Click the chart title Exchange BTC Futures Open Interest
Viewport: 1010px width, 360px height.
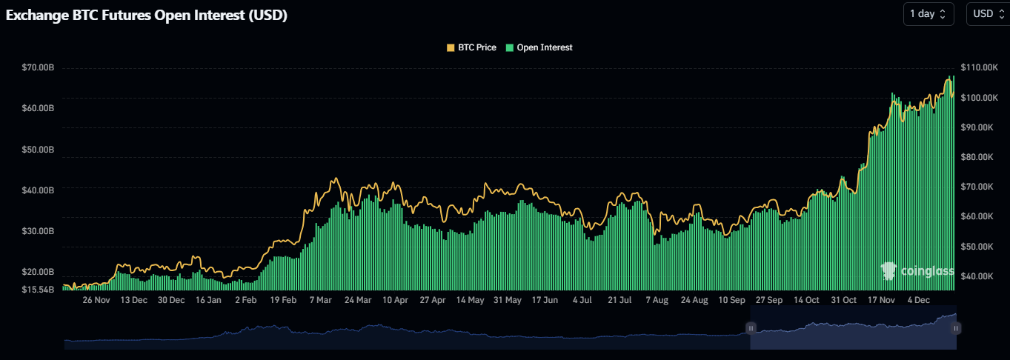(147, 15)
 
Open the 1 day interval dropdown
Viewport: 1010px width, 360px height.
(928, 14)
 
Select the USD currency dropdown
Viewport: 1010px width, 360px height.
(987, 14)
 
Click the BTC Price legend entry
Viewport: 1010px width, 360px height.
(471, 47)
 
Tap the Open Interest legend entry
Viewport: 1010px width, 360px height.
(539, 47)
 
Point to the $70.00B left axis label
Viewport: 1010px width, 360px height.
(39, 68)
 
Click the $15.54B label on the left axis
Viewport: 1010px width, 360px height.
(39, 289)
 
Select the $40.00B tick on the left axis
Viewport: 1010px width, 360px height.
(39, 190)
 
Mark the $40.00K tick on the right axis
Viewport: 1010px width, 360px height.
(977, 276)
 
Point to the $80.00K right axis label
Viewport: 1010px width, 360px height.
(977, 157)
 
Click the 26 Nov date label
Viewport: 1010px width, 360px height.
(96, 300)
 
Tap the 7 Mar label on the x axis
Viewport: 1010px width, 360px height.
(321, 300)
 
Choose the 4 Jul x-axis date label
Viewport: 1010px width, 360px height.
(582, 300)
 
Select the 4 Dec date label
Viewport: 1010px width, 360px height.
(919, 300)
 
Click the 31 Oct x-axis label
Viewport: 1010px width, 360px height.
(844, 300)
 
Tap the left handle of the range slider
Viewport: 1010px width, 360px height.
(751, 327)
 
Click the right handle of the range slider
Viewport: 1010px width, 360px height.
(956, 327)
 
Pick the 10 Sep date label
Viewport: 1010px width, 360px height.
(732, 300)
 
